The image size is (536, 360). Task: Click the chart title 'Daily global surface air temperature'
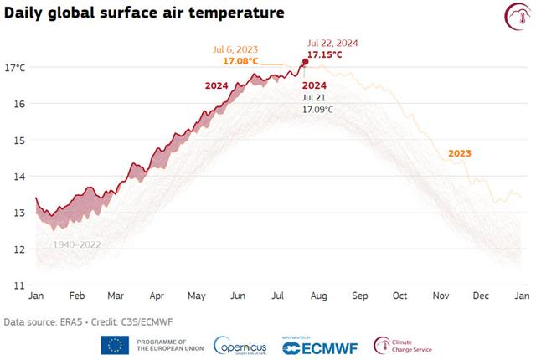pyautogui.click(x=143, y=14)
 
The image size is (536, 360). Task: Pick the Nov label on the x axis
pyautogui.click(x=441, y=296)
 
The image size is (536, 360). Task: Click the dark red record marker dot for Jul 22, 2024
pyautogui.click(x=305, y=62)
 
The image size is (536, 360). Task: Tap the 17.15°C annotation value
pyautogui.click(x=324, y=54)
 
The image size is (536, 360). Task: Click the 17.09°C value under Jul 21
pyautogui.click(x=317, y=109)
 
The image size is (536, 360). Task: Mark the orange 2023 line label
pyautogui.click(x=460, y=153)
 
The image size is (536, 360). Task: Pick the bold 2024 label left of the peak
pyautogui.click(x=218, y=85)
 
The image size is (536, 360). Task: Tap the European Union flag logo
pyautogui.click(x=115, y=345)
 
